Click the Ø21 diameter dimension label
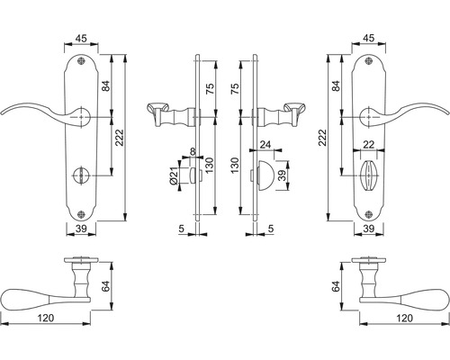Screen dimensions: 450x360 coord(173,175)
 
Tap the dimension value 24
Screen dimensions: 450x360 coord(265,145)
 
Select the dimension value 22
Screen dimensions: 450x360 coord(368,144)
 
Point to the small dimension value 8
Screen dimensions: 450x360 coord(193,151)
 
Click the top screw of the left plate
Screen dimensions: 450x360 coord(81,61)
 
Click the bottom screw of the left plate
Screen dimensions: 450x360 coord(81,214)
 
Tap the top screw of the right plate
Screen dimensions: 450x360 coord(369,61)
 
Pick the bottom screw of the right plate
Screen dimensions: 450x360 coord(369,214)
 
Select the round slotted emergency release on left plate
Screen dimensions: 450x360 coord(80,175)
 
